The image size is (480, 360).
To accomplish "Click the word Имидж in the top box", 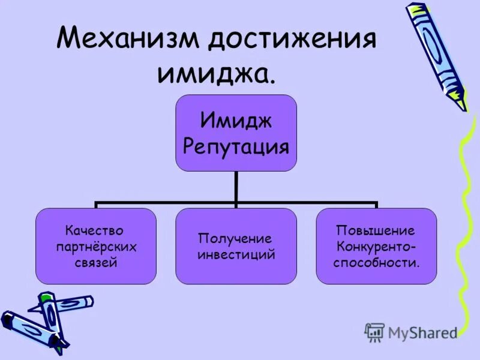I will click(x=236, y=121).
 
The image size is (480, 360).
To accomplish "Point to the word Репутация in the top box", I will click(x=236, y=146).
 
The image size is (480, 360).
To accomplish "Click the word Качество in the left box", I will click(x=95, y=230).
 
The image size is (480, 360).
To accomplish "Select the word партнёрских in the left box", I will click(x=95, y=246).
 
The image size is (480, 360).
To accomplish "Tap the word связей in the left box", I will click(x=95, y=262).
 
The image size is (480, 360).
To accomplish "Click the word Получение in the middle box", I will click(x=236, y=238).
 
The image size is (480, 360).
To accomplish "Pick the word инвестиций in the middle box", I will click(x=236, y=254).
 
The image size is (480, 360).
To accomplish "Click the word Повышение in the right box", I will click(x=376, y=230).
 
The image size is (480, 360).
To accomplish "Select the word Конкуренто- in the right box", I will click(x=376, y=246).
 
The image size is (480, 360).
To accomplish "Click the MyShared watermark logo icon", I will click(x=374, y=332).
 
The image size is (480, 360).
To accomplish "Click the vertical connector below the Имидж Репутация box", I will click(x=236, y=187).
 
